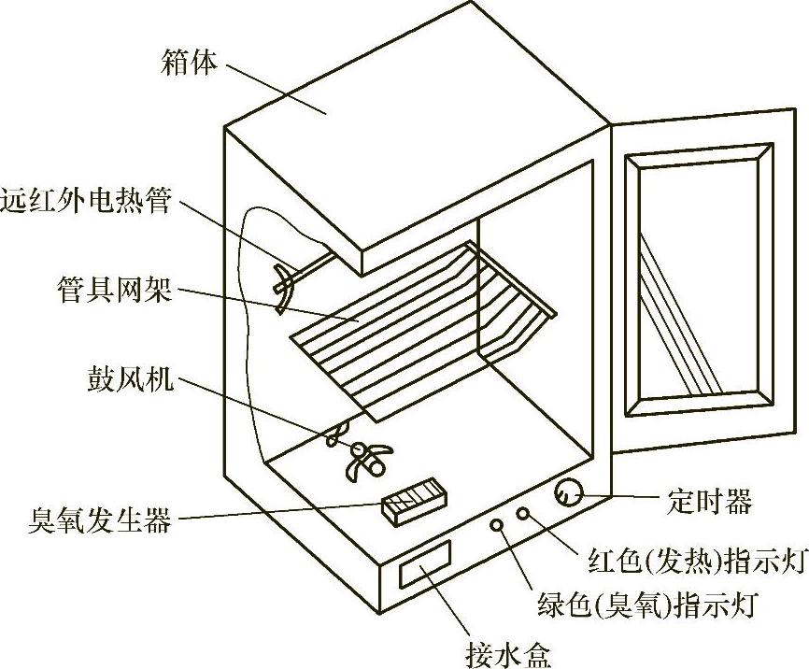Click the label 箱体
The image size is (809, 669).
click(190, 64)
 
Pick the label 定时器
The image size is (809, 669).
click(710, 502)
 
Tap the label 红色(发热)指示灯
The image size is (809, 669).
click(697, 561)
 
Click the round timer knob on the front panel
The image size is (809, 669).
click(567, 492)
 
